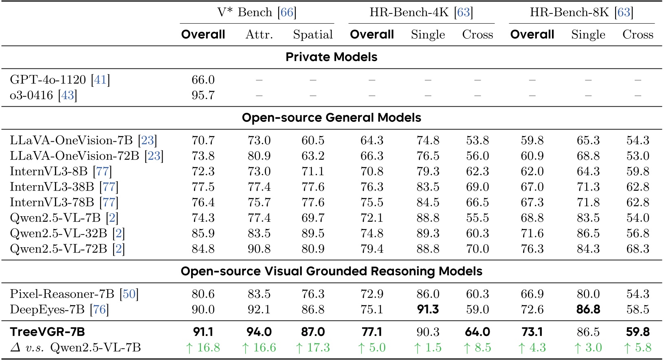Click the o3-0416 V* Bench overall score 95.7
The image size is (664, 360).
click(203, 95)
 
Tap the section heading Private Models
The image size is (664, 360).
click(331, 57)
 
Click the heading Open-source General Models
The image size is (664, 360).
click(331, 118)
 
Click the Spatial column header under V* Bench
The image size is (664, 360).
click(312, 35)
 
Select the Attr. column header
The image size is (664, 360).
click(259, 35)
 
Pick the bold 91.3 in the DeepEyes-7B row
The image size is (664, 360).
click(428, 310)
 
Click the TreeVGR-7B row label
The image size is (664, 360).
click(47, 332)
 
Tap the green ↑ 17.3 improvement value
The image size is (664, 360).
click(312, 348)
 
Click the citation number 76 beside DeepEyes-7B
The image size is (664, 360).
click(99, 310)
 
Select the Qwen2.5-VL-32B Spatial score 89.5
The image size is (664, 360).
click(312, 233)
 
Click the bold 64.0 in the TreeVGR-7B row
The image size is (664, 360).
click(477, 332)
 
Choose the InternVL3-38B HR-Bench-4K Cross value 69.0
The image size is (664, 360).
click(477, 187)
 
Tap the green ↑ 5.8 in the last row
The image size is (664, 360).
click(638, 348)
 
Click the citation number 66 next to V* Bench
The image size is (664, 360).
click(287, 12)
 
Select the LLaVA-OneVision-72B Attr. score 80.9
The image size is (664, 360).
click(259, 156)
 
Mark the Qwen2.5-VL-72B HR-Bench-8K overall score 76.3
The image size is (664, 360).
click(532, 249)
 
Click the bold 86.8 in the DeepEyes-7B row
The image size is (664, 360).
click(588, 310)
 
